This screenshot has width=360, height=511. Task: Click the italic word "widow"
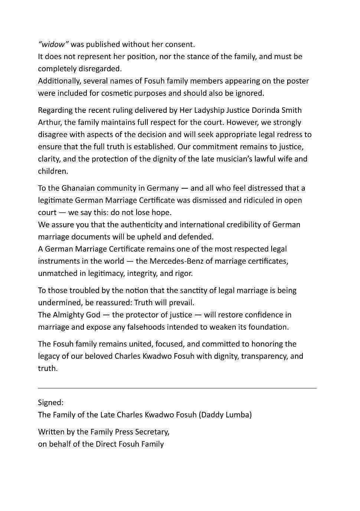coord(53,45)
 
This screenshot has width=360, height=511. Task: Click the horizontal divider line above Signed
coord(177,388)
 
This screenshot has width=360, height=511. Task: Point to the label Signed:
coord(50,403)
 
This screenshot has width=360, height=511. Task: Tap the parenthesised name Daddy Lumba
coord(225,415)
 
